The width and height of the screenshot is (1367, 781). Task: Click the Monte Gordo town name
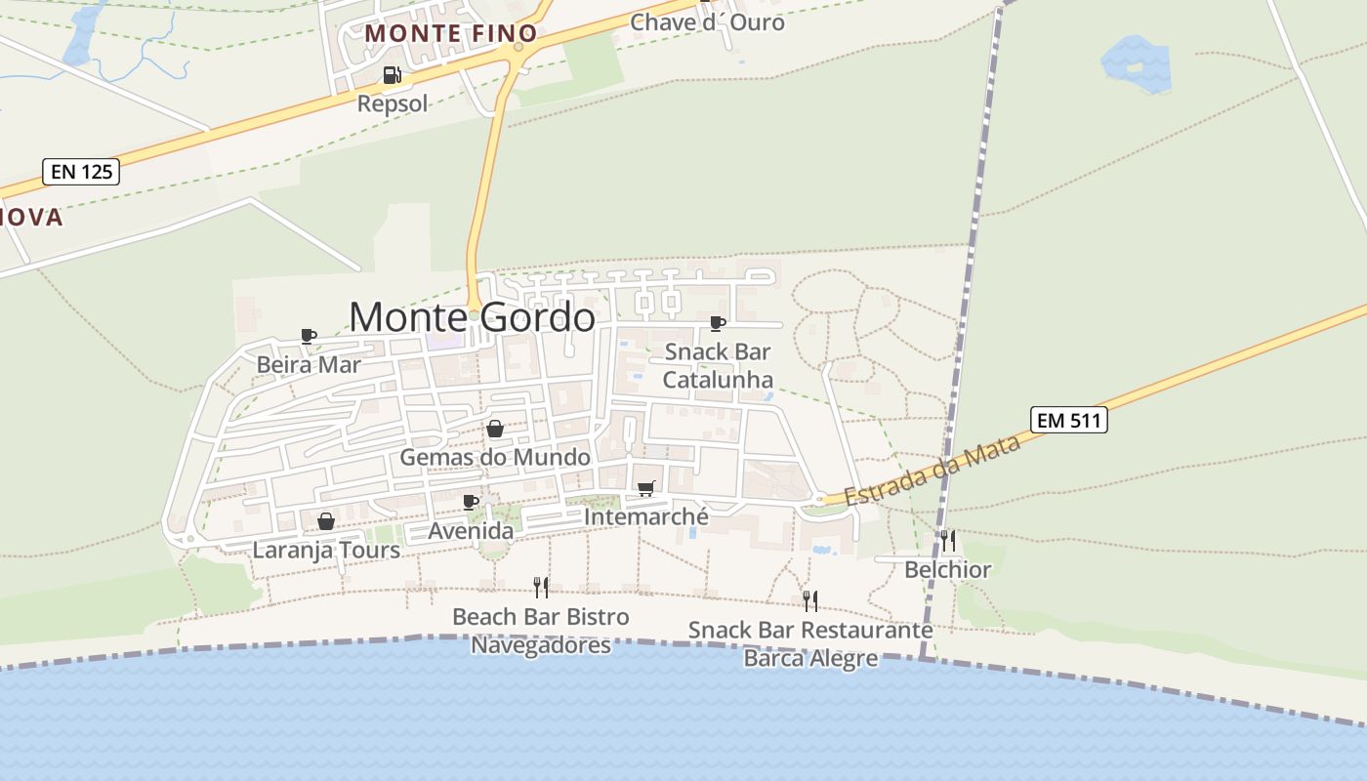click(x=472, y=317)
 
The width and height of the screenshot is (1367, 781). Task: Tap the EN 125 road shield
click(x=82, y=173)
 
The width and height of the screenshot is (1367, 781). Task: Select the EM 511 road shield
click(x=1069, y=421)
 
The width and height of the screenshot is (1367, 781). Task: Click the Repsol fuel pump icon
click(x=392, y=75)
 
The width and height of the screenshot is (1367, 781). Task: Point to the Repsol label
click(x=393, y=103)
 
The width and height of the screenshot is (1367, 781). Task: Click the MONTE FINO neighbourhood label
click(x=451, y=33)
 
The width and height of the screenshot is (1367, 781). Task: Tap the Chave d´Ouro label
click(x=707, y=21)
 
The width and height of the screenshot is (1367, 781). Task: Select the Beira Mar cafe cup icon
click(x=309, y=337)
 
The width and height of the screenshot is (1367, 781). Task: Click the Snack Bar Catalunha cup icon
click(x=718, y=323)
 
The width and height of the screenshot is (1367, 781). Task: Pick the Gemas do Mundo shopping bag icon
click(x=495, y=429)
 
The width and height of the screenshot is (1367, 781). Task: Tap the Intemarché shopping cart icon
click(x=645, y=488)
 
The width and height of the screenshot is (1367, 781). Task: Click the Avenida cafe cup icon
click(x=471, y=502)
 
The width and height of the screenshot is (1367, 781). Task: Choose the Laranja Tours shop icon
click(x=326, y=521)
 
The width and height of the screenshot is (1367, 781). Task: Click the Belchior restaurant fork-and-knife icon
click(x=947, y=540)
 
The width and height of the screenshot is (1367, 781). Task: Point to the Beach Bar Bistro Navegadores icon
click(x=541, y=587)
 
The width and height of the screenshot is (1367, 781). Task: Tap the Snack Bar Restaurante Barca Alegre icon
click(x=810, y=600)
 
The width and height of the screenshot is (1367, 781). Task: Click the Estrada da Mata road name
click(x=932, y=470)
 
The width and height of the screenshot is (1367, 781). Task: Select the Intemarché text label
click(x=645, y=516)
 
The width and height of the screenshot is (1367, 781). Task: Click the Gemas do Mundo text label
click(x=495, y=457)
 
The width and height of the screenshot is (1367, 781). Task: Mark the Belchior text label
click(x=947, y=569)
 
